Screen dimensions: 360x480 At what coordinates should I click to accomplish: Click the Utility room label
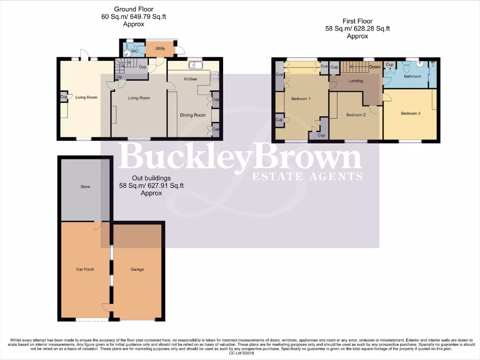(160, 48)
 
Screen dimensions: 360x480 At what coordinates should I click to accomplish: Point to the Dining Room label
(193, 115)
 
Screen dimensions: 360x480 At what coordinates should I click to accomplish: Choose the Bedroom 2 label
(355, 115)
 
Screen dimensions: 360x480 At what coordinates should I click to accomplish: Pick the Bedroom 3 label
(410, 113)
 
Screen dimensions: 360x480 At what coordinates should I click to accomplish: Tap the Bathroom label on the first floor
(412, 76)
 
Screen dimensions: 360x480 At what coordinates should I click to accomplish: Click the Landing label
(356, 81)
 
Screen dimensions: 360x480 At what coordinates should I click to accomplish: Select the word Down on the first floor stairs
(375, 67)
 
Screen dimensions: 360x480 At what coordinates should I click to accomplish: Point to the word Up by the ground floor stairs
(120, 76)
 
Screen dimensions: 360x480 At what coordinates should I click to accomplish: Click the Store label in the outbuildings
(84, 187)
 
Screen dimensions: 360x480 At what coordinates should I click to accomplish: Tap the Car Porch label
(85, 270)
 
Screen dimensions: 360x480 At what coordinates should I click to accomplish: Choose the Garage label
(137, 270)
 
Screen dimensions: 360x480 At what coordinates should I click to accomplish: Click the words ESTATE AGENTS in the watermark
(307, 177)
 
